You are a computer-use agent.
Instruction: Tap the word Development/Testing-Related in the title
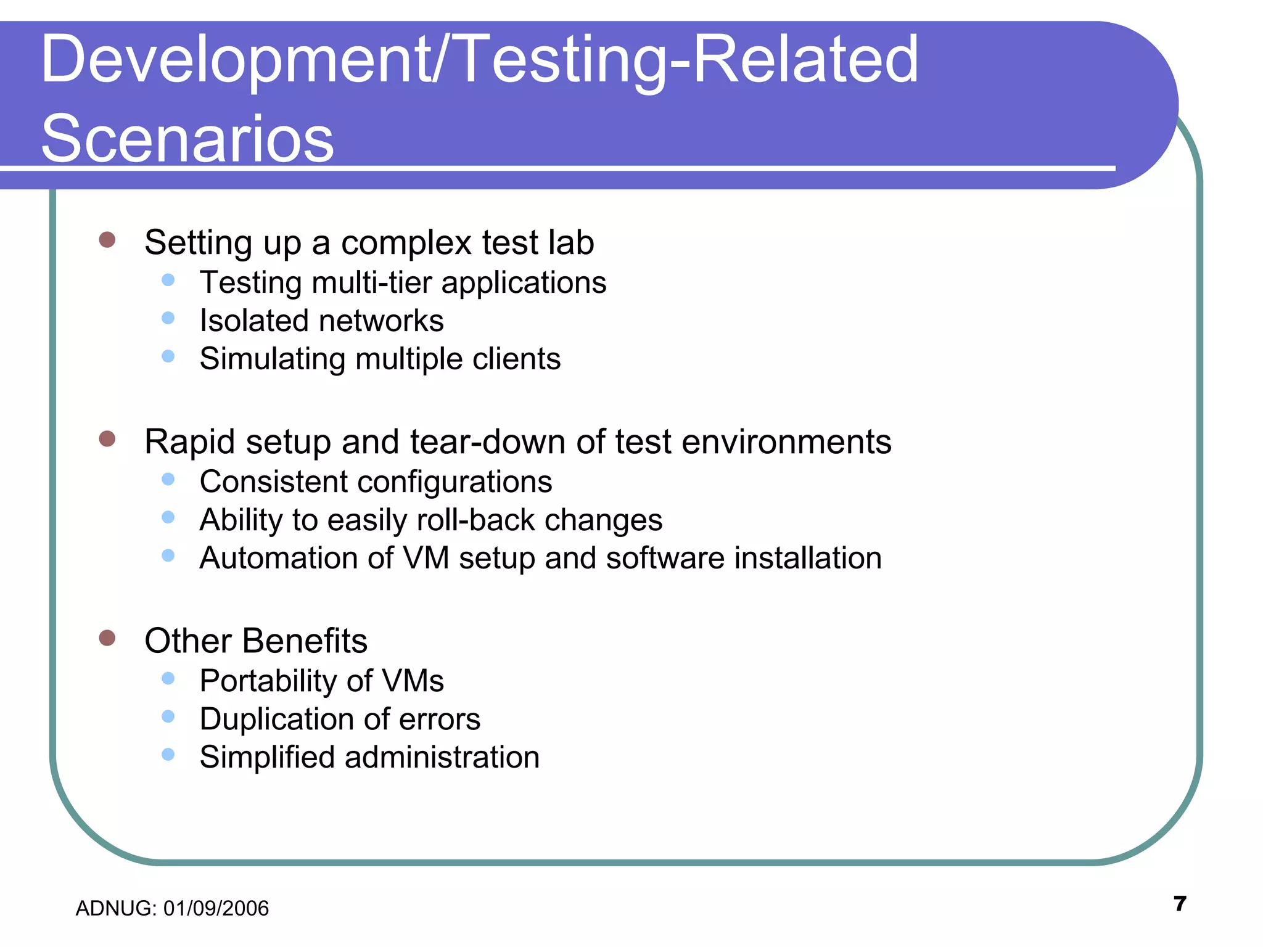480,60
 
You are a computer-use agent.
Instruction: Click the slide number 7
1180,904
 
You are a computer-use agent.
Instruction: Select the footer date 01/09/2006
216,909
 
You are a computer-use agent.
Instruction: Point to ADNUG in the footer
114,909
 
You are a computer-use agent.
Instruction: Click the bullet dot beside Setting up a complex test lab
107,240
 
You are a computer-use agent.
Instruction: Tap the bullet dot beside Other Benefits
107,637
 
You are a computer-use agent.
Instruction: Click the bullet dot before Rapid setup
107,439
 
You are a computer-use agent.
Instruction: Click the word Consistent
273,482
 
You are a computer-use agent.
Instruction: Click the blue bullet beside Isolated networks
168,318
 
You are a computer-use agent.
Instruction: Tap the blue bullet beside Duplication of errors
168,716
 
